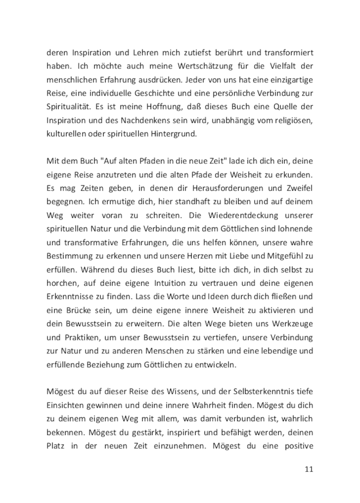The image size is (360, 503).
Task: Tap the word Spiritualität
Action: pyautogui.click(x=67, y=107)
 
